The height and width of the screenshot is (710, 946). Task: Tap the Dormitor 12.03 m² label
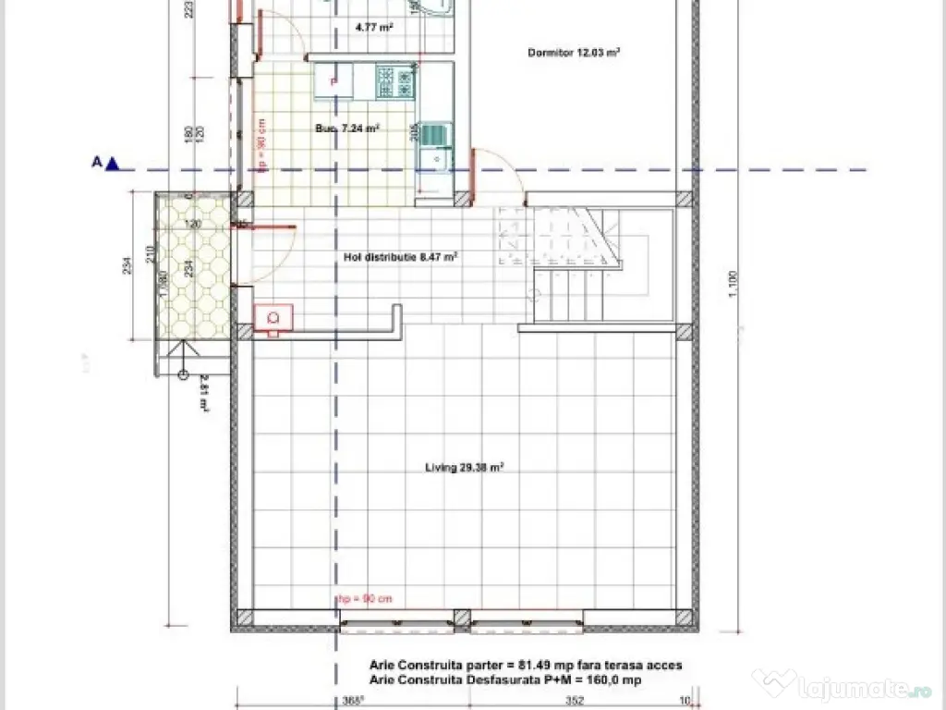click(x=573, y=53)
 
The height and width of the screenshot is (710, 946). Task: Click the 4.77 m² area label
click(x=374, y=28)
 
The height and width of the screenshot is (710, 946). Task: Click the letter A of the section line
click(x=95, y=163)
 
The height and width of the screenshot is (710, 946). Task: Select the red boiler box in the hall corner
click(x=273, y=317)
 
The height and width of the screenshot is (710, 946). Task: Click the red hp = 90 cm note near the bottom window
click(x=364, y=599)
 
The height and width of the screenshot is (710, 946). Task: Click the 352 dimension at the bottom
click(x=575, y=700)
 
